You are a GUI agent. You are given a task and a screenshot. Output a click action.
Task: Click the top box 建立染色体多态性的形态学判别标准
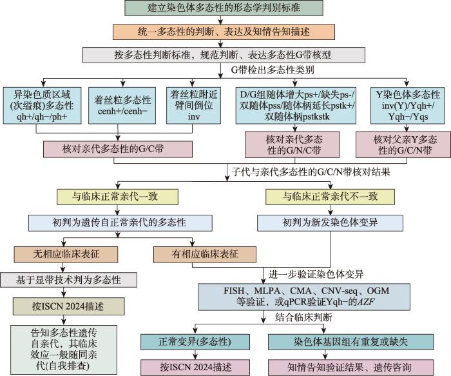pos(224,8)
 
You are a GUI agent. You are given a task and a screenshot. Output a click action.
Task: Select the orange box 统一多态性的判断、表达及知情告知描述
pos(224,32)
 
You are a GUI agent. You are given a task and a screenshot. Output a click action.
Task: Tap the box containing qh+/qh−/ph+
pos(42,106)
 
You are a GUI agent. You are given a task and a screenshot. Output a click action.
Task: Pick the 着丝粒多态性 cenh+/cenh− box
pos(122,106)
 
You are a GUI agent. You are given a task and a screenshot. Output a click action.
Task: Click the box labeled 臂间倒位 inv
pos(193,106)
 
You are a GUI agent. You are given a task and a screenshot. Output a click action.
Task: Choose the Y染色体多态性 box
pos(408,106)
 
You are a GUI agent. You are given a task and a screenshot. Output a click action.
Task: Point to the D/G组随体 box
pos(296,106)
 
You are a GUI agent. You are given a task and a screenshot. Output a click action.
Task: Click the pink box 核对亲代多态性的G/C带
pos(118,149)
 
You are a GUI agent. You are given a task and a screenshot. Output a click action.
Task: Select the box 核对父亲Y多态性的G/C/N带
pos(403,144)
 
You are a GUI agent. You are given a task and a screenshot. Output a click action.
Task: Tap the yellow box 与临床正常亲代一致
pos(117,197)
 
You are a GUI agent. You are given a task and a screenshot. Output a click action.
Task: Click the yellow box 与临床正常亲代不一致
pos(330,197)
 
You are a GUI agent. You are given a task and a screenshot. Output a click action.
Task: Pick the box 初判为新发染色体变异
pos(330,223)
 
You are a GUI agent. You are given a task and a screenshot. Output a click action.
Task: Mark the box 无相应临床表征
pos(66,254)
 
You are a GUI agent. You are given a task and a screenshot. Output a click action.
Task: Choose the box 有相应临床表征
pos(204,254)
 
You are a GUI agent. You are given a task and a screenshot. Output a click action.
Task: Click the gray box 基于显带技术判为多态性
pos(68,279)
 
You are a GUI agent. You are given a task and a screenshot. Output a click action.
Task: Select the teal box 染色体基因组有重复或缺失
pos(350,342)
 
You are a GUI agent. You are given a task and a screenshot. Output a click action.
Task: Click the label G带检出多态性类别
pos(273,70)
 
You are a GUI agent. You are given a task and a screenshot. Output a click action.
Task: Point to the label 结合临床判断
pos(303,317)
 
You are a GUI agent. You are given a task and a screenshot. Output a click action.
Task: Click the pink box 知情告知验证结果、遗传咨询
pos(350,368)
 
